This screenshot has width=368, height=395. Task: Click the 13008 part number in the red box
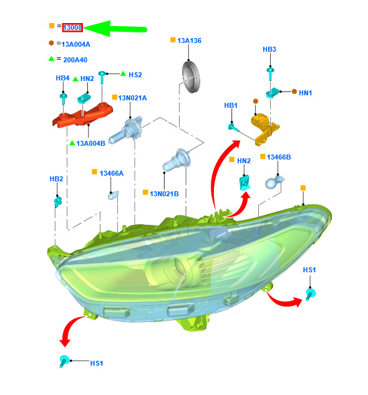pos(72,27)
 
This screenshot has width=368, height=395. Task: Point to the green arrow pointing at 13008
pos(115,29)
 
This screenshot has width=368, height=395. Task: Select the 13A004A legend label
pos(75,44)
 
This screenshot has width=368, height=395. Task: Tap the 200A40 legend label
pos(75,60)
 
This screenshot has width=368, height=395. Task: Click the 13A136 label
pos(189,40)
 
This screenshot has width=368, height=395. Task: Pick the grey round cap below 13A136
pos(191,77)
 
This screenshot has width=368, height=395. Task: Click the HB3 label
pos(269,49)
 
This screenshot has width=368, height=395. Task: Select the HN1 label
pos(305,93)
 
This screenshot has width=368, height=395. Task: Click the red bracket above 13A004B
pos(82,115)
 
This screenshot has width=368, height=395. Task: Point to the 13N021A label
pos(132,98)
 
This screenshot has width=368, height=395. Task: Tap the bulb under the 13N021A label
pos(125,130)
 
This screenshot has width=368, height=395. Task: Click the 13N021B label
pos(164,194)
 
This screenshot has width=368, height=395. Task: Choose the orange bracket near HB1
pos(265,130)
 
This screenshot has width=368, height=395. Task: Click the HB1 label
pos(231,105)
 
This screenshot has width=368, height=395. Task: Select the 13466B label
pos(279,157)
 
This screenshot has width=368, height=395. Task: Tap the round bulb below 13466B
pos(274,182)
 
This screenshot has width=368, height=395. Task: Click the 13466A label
pos(112,173)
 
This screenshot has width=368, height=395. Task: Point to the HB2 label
pos(56,179)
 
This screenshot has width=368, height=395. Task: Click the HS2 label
pos(135,75)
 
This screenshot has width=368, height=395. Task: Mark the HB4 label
pos(62,78)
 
